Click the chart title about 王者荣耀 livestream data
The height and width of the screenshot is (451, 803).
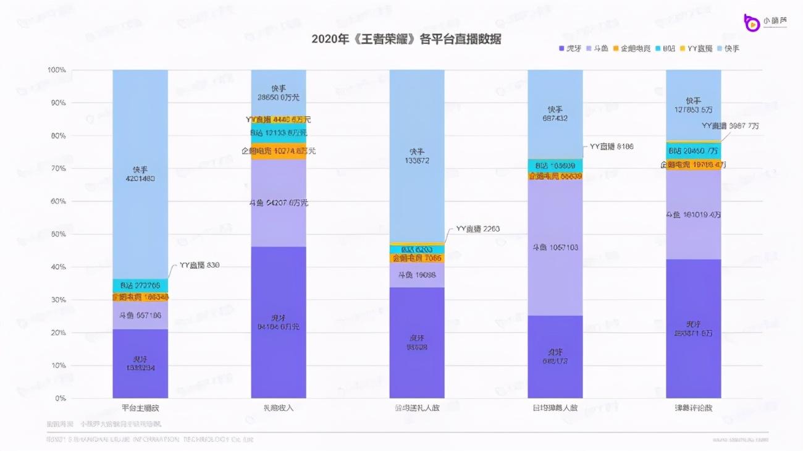click(x=406, y=39)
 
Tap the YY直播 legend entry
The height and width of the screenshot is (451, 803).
click(x=700, y=48)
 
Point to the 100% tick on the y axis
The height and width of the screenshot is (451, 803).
click(x=56, y=70)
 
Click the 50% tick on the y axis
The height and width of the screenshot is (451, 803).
click(x=57, y=234)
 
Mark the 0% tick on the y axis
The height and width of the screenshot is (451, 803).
click(x=59, y=398)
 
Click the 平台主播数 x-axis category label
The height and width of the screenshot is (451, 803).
click(x=140, y=408)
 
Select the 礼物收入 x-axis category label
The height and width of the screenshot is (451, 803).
click(x=279, y=408)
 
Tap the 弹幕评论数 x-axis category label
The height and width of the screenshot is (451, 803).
click(x=693, y=408)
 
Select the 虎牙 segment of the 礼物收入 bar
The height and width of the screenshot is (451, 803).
click(x=279, y=321)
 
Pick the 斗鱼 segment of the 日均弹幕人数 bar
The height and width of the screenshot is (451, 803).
click(x=555, y=247)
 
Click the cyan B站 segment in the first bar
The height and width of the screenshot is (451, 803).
click(x=140, y=285)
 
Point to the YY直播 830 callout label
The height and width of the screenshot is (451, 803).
click(x=199, y=265)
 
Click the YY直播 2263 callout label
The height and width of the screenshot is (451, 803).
click(x=477, y=229)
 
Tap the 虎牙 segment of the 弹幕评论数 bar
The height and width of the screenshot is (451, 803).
click(x=693, y=327)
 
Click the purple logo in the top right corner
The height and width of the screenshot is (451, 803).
click(x=752, y=22)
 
